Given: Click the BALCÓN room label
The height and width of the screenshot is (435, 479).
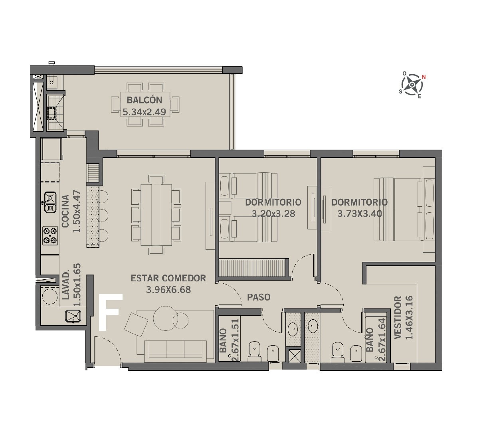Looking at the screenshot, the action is pyautogui.click(x=144, y=100).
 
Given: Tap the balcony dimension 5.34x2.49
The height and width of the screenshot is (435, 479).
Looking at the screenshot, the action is pyautogui.click(x=144, y=112).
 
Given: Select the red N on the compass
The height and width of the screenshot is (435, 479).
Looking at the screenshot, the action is pyautogui.click(x=424, y=77).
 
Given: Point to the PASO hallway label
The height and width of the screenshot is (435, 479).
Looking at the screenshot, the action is pyautogui.click(x=259, y=297).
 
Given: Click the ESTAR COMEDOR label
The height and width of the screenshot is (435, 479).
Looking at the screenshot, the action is pyautogui.click(x=168, y=278).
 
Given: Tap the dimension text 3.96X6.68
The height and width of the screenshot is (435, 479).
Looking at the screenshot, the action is pyautogui.click(x=168, y=290).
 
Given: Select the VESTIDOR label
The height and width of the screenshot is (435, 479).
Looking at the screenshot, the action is pyautogui.click(x=398, y=317).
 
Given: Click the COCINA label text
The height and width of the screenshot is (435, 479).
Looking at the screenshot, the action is pyautogui.click(x=65, y=211).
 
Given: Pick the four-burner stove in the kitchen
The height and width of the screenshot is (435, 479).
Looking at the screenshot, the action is pyautogui.click(x=50, y=236).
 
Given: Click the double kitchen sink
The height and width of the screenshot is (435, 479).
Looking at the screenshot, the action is pyautogui.click(x=50, y=202).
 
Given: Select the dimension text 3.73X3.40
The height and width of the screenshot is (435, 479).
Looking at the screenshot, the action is pyautogui.click(x=360, y=214).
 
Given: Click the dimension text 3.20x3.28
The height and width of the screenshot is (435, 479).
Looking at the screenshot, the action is pyautogui.click(x=273, y=214).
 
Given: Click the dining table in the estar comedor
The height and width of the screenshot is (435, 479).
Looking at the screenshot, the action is pyautogui.click(x=156, y=215).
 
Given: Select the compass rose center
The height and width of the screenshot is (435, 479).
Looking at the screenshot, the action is pyautogui.click(x=412, y=85).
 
